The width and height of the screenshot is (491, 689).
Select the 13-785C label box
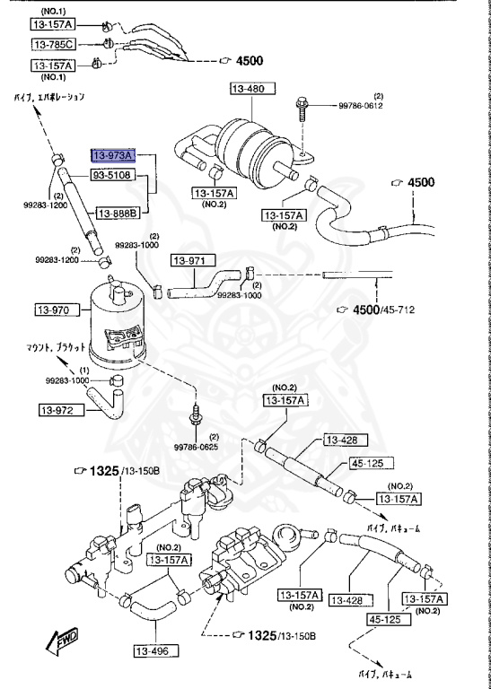click(x=54, y=44)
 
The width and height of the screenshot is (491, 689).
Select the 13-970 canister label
click(x=53, y=310)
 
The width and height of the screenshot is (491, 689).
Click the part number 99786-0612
click(x=361, y=105)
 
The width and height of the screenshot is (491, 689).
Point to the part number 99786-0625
click(x=196, y=447)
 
